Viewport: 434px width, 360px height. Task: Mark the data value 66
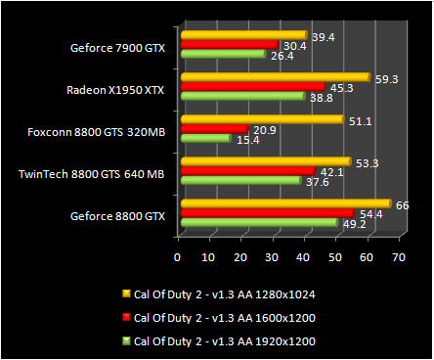point(401,202)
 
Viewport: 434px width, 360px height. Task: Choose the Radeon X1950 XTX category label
point(116,89)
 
